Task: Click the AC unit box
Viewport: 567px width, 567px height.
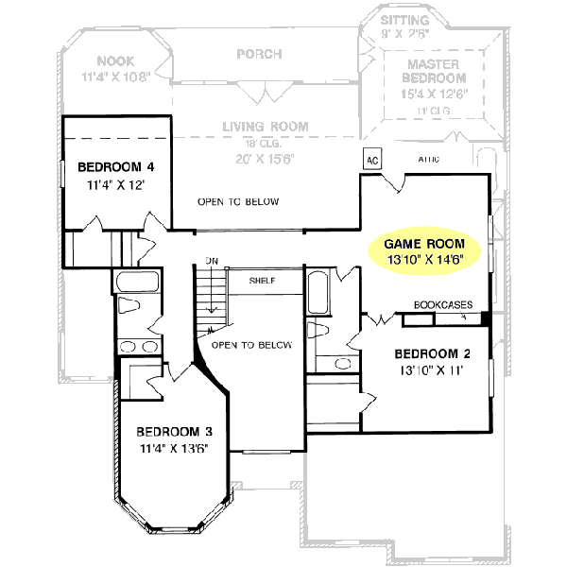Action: coord(371,158)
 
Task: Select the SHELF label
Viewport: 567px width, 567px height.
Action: coord(262,281)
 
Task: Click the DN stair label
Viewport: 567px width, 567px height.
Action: coord(213,262)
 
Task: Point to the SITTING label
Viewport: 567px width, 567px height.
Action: coord(404,20)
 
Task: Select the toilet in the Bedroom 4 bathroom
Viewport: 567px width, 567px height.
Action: coord(131,310)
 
